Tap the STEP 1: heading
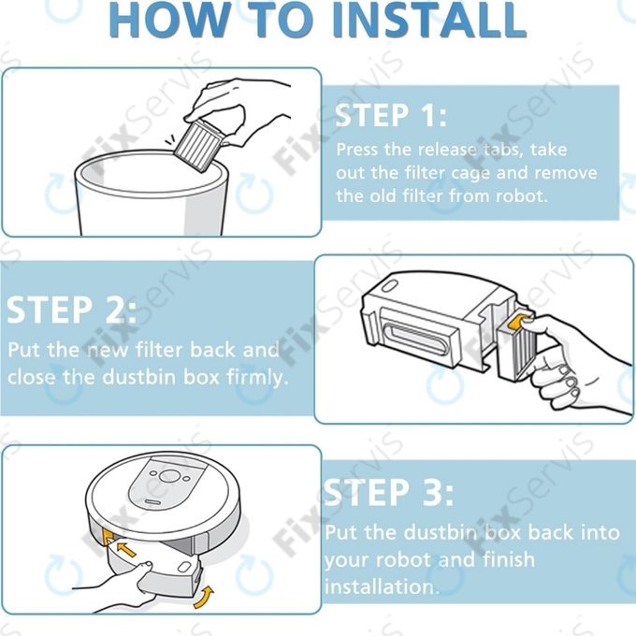391,115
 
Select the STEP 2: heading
71,310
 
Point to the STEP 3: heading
388,492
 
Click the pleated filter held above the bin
198,144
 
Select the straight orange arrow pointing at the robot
126,550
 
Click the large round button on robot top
169,476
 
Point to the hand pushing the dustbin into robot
118,584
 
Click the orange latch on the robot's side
107,535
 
